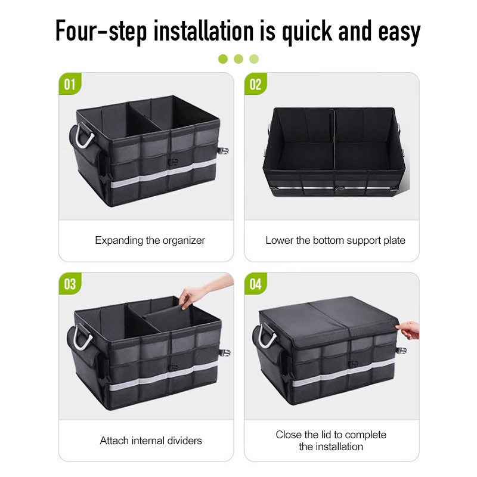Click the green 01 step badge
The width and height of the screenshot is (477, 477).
(x=70, y=83)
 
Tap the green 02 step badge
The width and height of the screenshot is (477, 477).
(x=256, y=83)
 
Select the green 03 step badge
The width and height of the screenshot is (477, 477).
(x=70, y=284)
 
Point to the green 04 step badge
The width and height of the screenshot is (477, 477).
(x=256, y=284)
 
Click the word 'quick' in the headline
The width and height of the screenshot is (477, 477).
(x=307, y=32)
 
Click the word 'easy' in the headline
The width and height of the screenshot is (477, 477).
(x=399, y=33)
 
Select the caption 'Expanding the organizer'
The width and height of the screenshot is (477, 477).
(x=150, y=240)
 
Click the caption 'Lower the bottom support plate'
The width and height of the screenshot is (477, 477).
(x=335, y=240)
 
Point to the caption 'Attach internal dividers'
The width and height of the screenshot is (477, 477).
(x=151, y=441)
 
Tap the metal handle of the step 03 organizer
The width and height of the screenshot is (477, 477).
(x=82, y=337)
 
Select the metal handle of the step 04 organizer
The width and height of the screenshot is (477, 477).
(x=267, y=336)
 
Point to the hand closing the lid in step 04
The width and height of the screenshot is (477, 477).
(x=408, y=330)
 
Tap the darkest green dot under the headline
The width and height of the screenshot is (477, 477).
(x=223, y=59)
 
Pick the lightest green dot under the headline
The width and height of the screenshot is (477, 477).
(x=254, y=59)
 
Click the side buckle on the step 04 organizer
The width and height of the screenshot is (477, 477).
(x=401, y=351)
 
